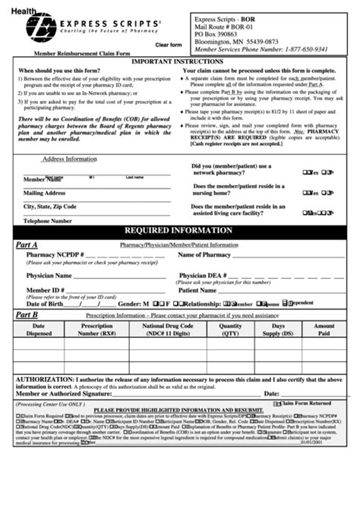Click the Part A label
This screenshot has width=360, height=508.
(x=27, y=245)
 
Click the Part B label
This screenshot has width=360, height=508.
(x=27, y=314)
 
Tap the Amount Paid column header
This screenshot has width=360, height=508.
(x=324, y=329)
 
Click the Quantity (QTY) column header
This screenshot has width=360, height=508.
(x=231, y=329)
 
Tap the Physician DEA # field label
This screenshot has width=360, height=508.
(x=206, y=276)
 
